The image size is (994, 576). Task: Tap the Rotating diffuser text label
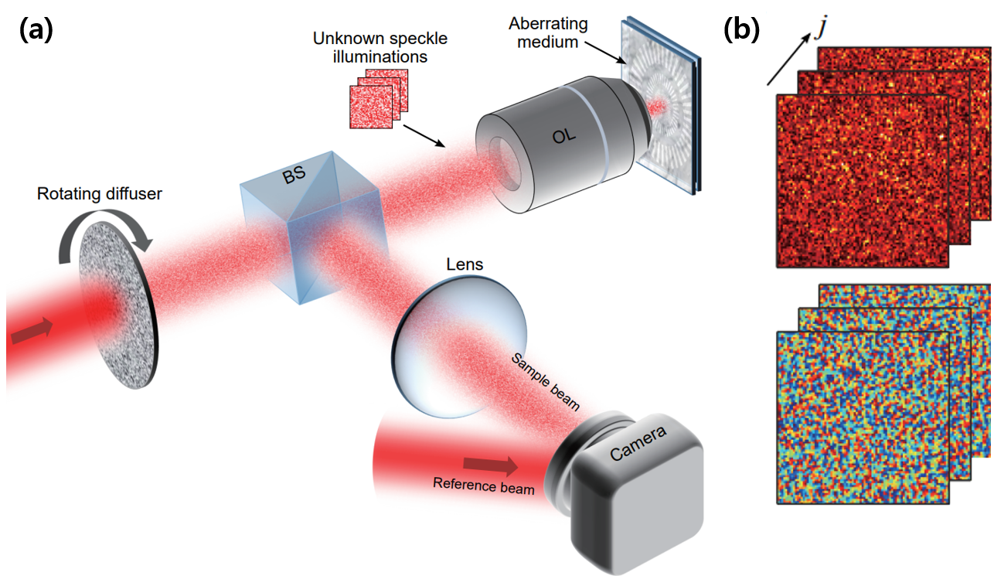coord(100,193)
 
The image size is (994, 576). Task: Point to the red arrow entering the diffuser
coord(32,330)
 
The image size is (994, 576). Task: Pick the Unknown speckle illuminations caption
coord(380,47)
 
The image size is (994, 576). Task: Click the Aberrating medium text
coord(550,33)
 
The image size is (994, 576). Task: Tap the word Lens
coord(465,264)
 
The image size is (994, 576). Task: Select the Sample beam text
coord(544,382)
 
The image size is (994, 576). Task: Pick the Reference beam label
coord(483,486)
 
